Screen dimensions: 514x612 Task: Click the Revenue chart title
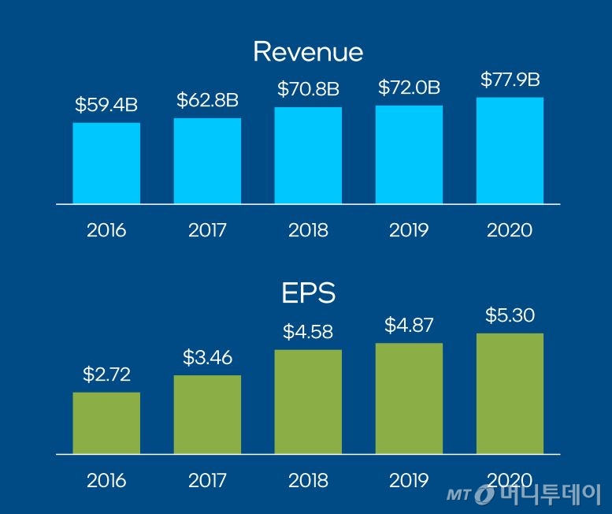click(308, 52)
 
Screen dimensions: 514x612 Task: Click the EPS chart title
click(308, 293)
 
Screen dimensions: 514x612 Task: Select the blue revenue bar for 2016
click(106, 163)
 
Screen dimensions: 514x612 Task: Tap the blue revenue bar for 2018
click(308, 155)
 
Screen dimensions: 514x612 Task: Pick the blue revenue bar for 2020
click(510, 151)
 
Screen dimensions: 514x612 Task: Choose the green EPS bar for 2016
click(106, 423)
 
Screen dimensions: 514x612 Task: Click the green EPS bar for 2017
click(207, 415)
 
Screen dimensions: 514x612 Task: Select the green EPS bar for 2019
click(409, 399)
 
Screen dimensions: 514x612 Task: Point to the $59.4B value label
click(106, 105)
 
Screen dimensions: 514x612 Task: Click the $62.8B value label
click(207, 100)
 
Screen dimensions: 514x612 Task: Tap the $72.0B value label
click(409, 88)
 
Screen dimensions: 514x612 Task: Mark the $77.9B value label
click(510, 80)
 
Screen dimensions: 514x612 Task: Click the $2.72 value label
click(106, 374)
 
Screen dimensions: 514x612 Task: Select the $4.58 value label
click(308, 332)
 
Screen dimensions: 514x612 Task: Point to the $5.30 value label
click(510, 316)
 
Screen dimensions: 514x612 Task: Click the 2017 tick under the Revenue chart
click(207, 230)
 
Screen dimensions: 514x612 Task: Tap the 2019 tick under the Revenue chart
click(409, 230)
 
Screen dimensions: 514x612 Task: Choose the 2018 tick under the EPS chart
click(308, 480)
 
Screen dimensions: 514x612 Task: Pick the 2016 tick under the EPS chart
click(106, 480)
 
